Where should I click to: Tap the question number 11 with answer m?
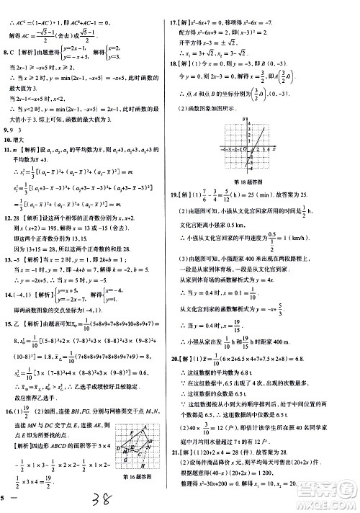coord(7,149)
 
